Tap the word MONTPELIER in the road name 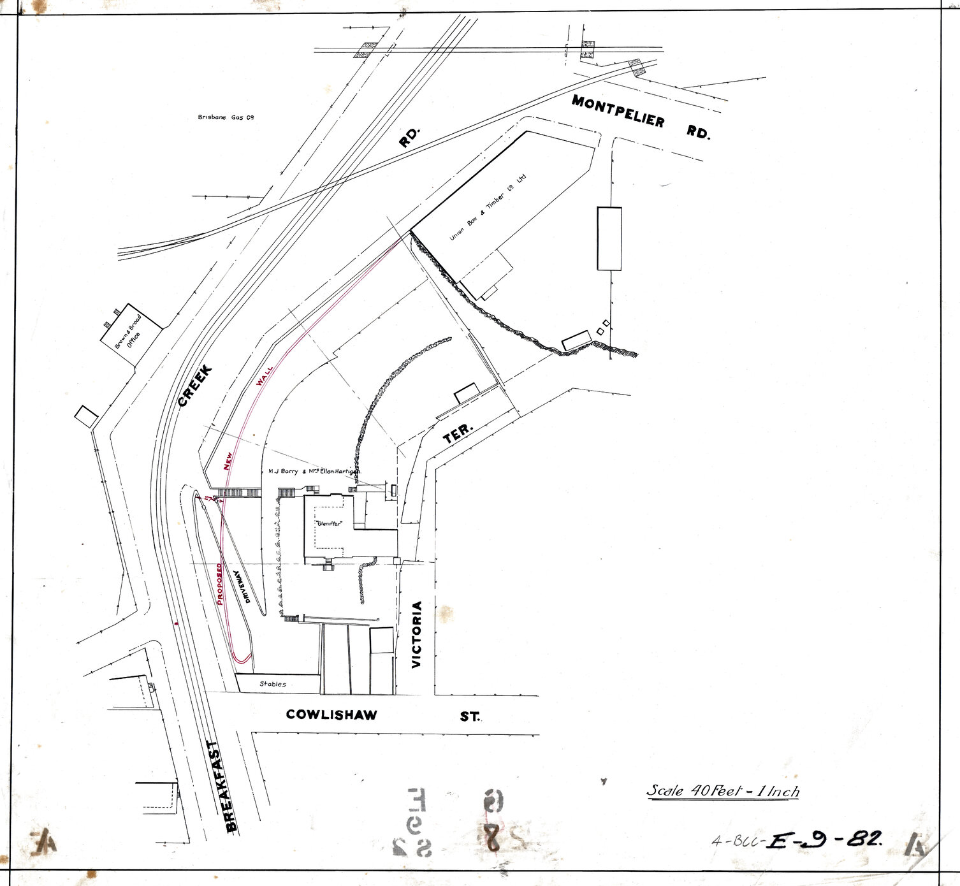point(618,111)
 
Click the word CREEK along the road point(194,386)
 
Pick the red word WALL point(264,376)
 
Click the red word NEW point(228,460)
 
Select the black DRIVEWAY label point(240,587)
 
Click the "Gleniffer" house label point(330,523)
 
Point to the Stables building point(273,684)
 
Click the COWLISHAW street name point(331,715)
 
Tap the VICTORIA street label point(417,634)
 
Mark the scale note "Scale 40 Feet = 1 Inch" point(723,791)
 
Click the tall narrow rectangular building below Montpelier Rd point(609,238)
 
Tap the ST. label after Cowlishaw point(470,716)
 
